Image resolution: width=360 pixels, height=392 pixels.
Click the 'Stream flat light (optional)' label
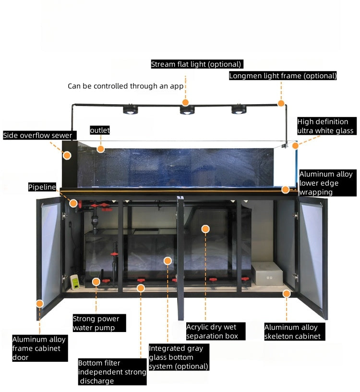pyautogui.click(x=196, y=64)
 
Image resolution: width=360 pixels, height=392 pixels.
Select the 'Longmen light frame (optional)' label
pyautogui.click(x=283, y=76)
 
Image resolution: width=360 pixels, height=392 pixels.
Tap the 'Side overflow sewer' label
pyautogui.click(x=38, y=136)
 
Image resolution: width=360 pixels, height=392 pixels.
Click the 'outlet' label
pyautogui.click(x=100, y=130)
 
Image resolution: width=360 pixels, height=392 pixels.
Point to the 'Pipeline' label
pyautogui.click(x=42, y=187)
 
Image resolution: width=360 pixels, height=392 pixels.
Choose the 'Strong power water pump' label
pyautogui.click(x=96, y=323)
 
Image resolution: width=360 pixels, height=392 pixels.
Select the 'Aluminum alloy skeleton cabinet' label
pyautogui.click(x=292, y=332)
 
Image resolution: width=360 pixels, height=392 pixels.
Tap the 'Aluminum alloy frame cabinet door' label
pyautogui.click(x=39, y=348)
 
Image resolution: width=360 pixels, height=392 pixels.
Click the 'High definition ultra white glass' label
pyautogui.click(x=326, y=126)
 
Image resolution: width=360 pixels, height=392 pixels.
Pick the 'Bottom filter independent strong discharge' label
pyautogui.click(x=112, y=372)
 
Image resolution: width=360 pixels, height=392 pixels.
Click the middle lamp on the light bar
pyautogui.click(x=187, y=110)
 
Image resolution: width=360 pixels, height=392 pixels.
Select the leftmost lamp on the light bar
pyautogui.click(x=131, y=110)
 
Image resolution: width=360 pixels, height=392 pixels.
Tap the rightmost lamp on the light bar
pyautogui.click(x=238, y=109)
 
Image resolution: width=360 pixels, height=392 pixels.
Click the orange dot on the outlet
pyautogui.click(x=100, y=149)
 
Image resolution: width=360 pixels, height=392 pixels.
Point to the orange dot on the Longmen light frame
pyautogui.click(x=282, y=103)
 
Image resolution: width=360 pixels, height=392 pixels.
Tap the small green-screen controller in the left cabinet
pyautogui.click(x=75, y=283)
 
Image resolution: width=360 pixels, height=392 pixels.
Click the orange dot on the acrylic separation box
pyautogui.click(x=205, y=229)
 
